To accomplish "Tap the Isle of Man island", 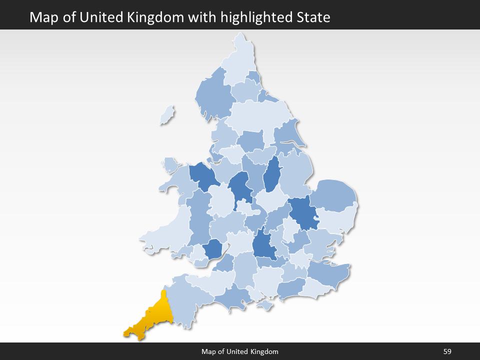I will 167,115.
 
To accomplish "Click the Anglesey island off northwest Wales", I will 170,164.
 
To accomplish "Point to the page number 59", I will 447,351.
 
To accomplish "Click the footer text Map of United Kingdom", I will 239,351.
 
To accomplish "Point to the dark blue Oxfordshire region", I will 264,245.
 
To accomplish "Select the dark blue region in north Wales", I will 202,175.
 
